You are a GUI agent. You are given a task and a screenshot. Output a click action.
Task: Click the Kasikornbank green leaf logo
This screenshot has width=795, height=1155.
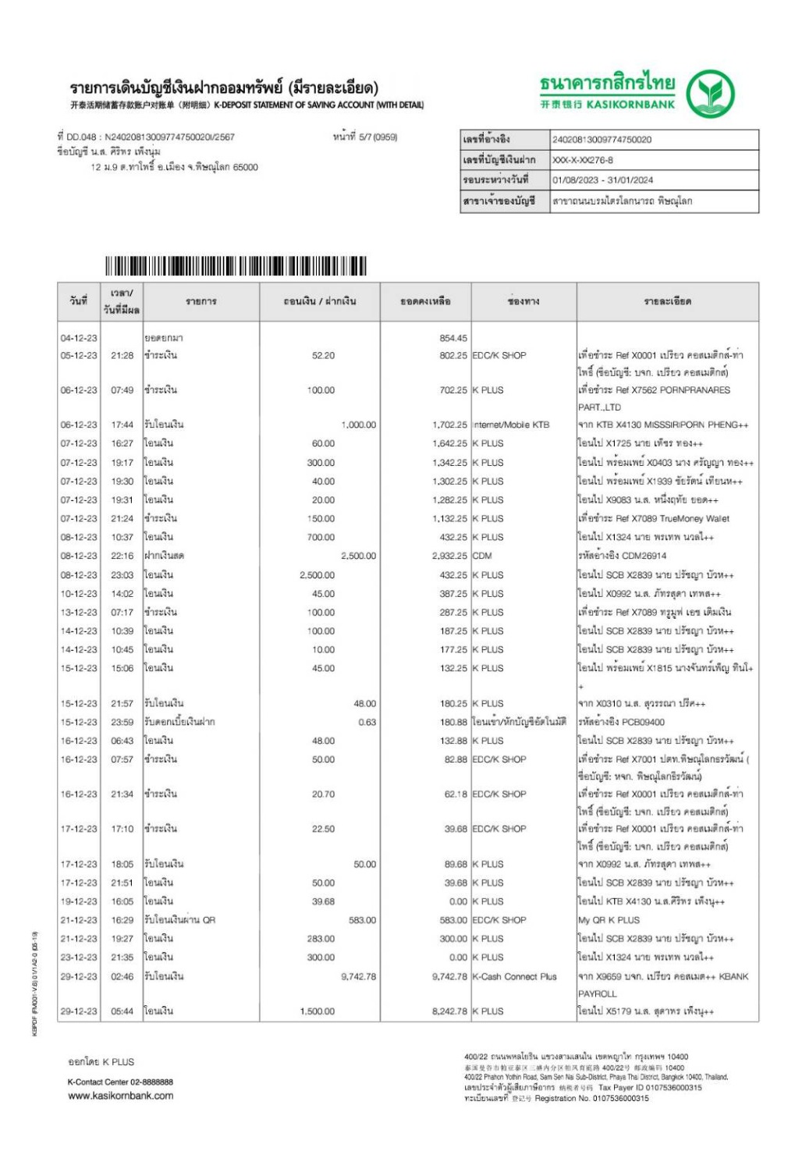709,94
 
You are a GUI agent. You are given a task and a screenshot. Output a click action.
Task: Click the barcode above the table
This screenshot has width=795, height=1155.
235,266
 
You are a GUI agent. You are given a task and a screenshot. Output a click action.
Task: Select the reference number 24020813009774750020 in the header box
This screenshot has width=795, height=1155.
602,140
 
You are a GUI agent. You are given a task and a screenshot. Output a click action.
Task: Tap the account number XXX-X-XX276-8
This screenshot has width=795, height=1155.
582,160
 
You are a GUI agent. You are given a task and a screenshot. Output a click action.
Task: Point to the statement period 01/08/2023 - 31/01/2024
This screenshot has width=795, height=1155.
602,180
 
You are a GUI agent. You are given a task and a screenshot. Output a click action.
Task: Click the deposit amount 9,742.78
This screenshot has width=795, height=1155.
358,976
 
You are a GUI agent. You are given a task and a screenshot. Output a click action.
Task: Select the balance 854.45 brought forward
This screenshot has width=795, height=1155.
453,338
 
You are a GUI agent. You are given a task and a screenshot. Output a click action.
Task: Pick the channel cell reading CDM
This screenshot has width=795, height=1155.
482,556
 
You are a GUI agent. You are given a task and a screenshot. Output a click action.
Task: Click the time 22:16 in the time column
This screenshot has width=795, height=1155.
122,556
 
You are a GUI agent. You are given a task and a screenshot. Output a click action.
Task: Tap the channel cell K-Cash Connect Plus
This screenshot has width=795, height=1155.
514,976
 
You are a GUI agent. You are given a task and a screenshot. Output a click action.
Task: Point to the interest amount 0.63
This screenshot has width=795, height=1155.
367,722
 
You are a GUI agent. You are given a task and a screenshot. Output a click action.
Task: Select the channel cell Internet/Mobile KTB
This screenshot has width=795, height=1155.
511,425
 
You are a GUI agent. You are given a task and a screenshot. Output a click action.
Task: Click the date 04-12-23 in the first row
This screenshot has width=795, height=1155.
79,338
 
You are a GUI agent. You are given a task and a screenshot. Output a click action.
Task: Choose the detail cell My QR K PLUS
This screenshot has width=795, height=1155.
609,920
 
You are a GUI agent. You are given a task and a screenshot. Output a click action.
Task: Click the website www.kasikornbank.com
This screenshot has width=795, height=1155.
121,1096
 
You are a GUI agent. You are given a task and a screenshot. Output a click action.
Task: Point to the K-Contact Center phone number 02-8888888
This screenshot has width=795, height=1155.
147,1082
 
